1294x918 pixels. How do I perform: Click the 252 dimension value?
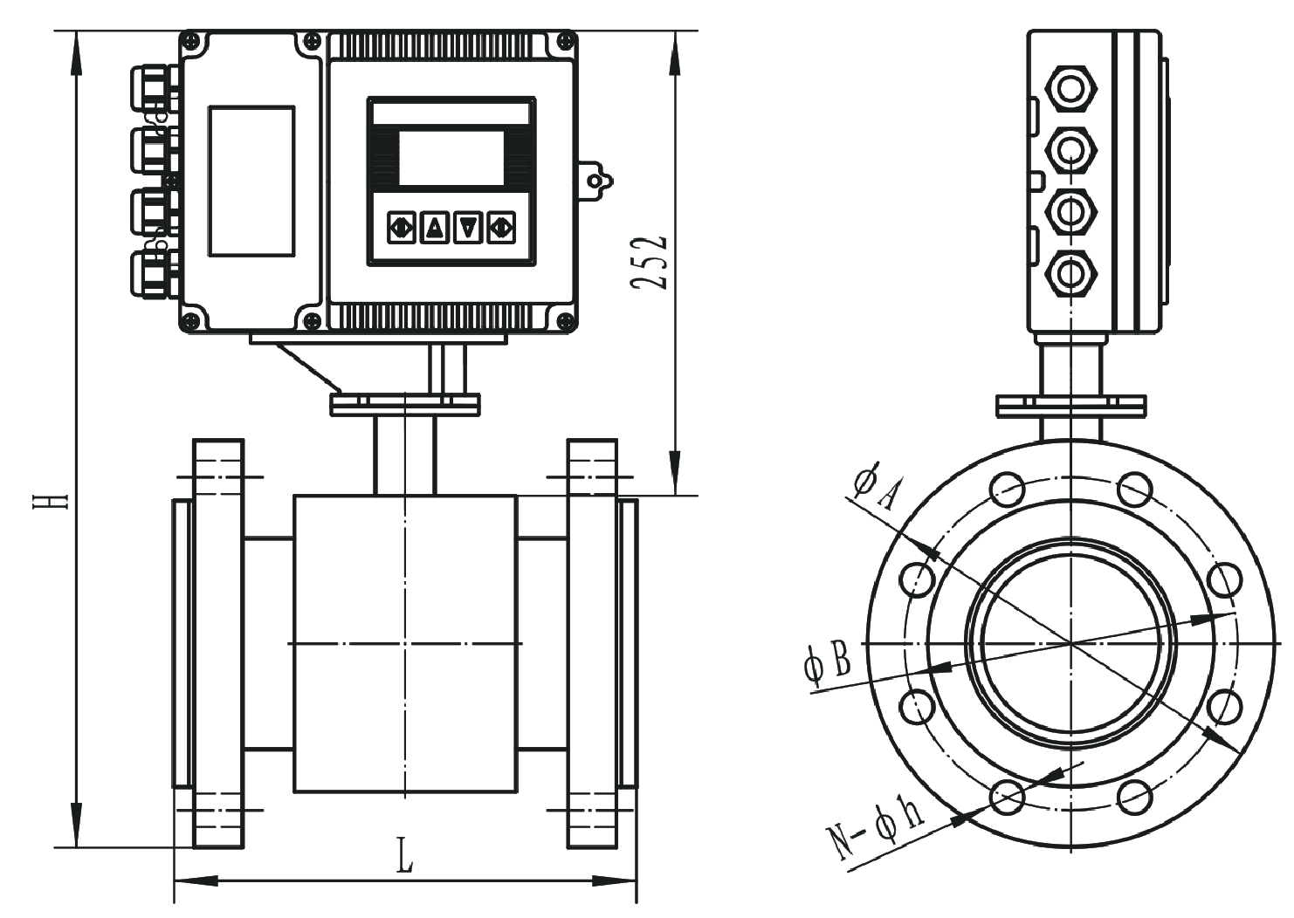(x=650, y=262)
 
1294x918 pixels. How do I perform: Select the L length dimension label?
(x=403, y=854)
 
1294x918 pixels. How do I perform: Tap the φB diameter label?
(x=827, y=662)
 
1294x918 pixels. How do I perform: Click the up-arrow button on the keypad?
(x=435, y=228)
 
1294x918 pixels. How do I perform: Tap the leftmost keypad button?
(x=402, y=228)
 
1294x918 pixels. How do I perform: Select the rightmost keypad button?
(x=501, y=228)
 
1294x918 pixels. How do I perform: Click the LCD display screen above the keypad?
(x=451, y=158)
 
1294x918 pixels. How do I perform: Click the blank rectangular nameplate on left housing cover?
(x=251, y=181)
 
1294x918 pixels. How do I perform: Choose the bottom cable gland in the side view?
(x=1070, y=274)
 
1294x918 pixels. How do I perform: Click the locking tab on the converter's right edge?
(x=595, y=181)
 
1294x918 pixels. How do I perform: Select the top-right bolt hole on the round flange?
(x=1135, y=489)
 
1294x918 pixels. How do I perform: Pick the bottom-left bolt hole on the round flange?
(x=1008, y=796)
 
